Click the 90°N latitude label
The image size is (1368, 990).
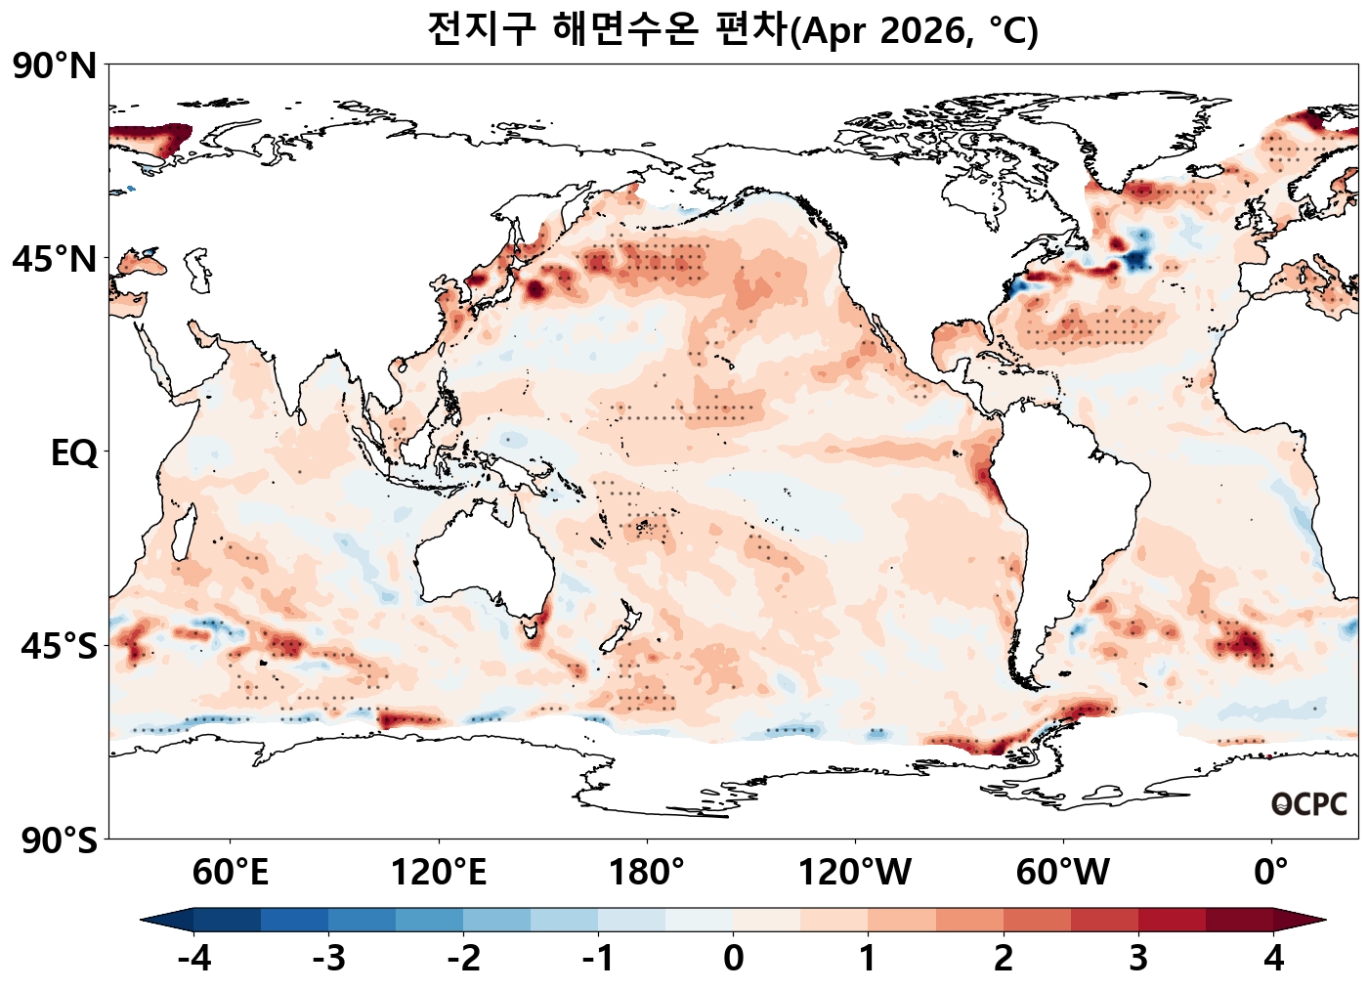(x=55, y=66)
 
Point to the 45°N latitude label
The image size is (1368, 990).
(x=55, y=260)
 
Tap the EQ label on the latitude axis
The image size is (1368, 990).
(x=74, y=453)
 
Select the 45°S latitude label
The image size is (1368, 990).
(x=59, y=646)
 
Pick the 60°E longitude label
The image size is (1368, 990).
(x=231, y=872)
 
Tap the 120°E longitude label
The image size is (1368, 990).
(x=439, y=872)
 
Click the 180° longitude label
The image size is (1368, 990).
(x=647, y=872)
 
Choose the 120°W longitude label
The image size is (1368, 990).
(x=855, y=872)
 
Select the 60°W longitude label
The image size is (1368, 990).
(x=1063, y=872)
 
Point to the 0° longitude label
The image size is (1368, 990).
(x=1271, y=872)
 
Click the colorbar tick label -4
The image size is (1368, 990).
(x=193, y=959)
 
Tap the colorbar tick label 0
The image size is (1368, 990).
(x=734, y=959)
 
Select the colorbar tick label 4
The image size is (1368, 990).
(x=1273, y=959)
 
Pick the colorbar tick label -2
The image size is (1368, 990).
(x=463, y=959)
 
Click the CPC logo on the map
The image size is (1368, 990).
(x=1309, y=804)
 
